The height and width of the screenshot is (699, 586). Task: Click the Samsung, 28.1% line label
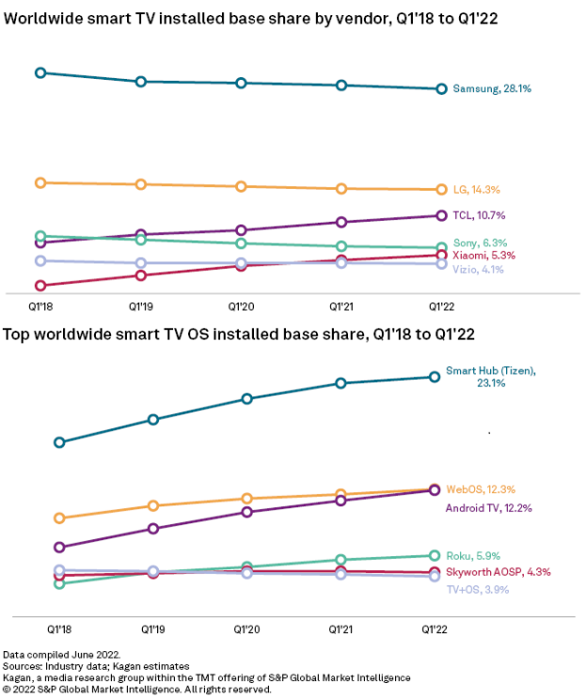pyautogui.click(x=492, y=89)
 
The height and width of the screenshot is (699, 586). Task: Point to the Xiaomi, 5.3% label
pyautogui.click(x=483, y=255)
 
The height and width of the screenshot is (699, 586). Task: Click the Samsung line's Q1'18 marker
pyautogui.click(x=40, y=72)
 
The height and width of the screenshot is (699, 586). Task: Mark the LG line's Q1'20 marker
pyautogui.click(x=241, y=186)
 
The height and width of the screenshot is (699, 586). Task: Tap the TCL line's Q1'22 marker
pyautogui.click(x=440, y=216)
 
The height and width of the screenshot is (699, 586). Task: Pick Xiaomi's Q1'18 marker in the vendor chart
pyautogui.click(x=40, y=286)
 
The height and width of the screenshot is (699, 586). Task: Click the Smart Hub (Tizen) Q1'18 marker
pyautogui.click(x=59, y=442)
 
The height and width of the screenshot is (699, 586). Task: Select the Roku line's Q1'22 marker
pyautogui.click(x=435, y=555)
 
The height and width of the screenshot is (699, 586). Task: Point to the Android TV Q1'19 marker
pyautogui.click(x=153, y=529)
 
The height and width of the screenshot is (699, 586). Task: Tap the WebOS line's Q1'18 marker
pyautogui.click(x=59, y=518)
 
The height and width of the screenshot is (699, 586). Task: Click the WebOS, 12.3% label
pyautogui.click(x=481, y=489)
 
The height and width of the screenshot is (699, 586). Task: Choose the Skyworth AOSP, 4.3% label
pyautogui.click(x=499, y=571)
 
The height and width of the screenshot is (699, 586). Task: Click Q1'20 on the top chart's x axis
pyautogui.click(x=241, y=306)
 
